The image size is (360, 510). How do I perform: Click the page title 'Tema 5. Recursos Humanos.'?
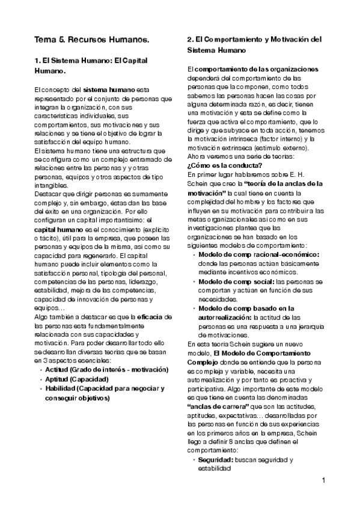[x=91, y=40]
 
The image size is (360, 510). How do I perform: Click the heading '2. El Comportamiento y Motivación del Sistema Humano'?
[x=254, y=45]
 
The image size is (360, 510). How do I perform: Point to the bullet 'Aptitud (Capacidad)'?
[x=77, y=379]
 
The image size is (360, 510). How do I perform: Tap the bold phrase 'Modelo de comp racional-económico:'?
[x=258, y=254]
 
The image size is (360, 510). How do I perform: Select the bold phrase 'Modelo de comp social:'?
[x=236, y=281]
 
